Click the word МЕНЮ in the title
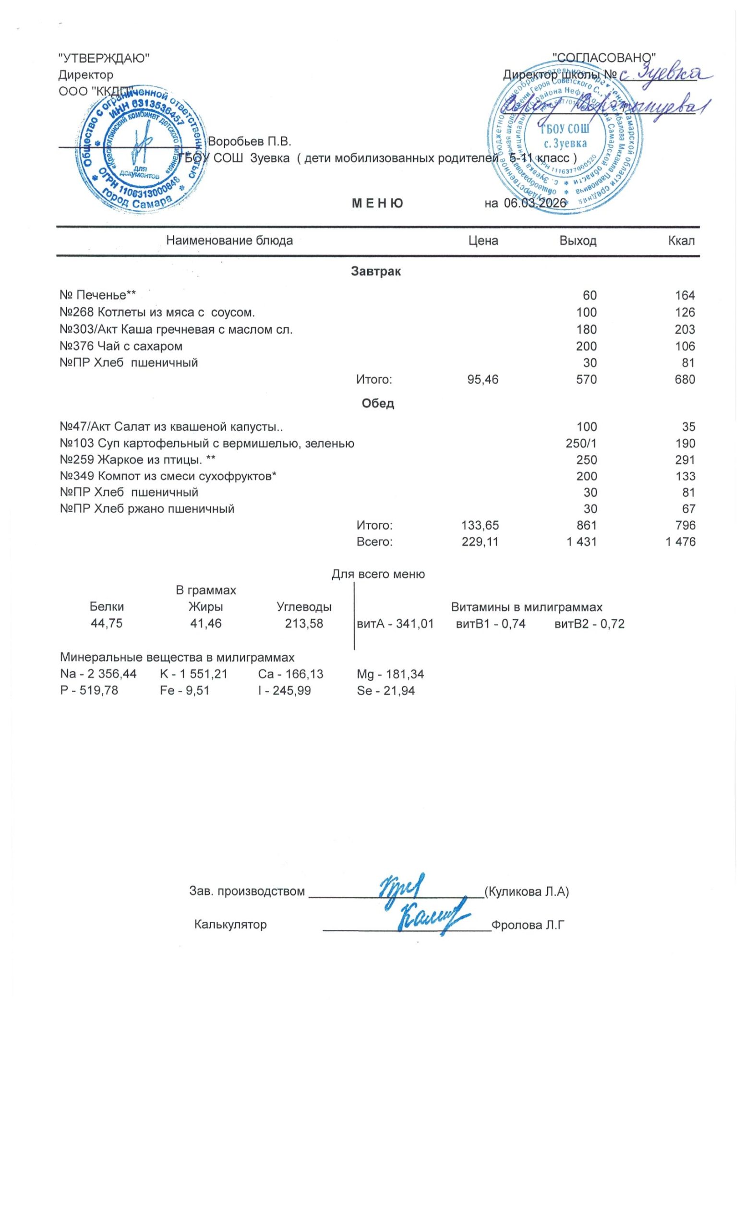point(377,203)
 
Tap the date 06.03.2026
point(534,203)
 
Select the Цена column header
point(483,241)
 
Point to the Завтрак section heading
point(375,272)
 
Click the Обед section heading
point(377,404)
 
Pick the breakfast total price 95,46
point(482,380)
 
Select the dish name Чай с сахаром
point(134,346)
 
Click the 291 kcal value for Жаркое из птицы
point(685,459)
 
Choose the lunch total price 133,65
point(480,525)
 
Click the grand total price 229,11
point(480,542)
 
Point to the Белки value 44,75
point(106,624)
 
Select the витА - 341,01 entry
point(395,624)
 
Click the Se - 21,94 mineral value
point(385,691)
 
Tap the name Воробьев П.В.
point(249,142)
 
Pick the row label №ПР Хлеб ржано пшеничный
point(146,509)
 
